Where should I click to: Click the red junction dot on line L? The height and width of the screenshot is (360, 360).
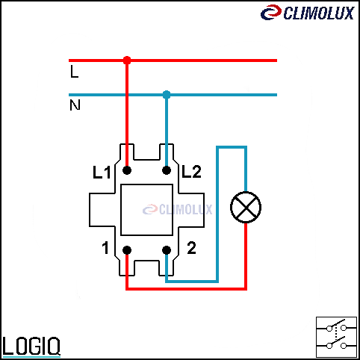click(x=127, y=60)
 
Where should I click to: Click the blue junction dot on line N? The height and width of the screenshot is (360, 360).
click(x=167, y=95)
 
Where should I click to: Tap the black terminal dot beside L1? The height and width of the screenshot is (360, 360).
click(x=127, y=170)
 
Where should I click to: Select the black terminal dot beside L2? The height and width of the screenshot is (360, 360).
click(x=167, y=170)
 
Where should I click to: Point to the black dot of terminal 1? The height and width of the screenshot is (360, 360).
click(x=127, y=250)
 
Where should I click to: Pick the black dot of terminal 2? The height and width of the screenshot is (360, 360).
click(x=167, y=250)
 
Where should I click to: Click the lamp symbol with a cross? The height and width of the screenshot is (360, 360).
click(x=246, y=207)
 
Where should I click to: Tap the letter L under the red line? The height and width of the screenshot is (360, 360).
click(x=74, y=72)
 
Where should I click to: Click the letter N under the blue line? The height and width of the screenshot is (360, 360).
click(x=75, y=105)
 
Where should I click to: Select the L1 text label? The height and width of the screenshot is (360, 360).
click(x=102, y=173)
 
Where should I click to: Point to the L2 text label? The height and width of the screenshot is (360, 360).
click(x=191, y=172)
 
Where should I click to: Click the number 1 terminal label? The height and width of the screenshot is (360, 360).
click(x=105, y=248)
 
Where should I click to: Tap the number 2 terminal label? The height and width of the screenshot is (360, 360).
click(x=191, y=248)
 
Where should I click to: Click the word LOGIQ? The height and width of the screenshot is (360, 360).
click(x=31, y=346)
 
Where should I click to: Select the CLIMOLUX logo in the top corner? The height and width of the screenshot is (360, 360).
click(x=308, y=13)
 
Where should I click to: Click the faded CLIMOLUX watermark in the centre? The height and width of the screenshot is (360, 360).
click(x=178, y=209)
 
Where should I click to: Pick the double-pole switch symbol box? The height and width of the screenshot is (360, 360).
click(x=336, y=337)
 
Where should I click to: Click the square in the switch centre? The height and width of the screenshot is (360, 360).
click(x=146, y=210)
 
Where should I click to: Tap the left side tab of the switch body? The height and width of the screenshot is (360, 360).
click(x=102, y=210)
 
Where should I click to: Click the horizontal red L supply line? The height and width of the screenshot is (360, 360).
click(x=173, y=60)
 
